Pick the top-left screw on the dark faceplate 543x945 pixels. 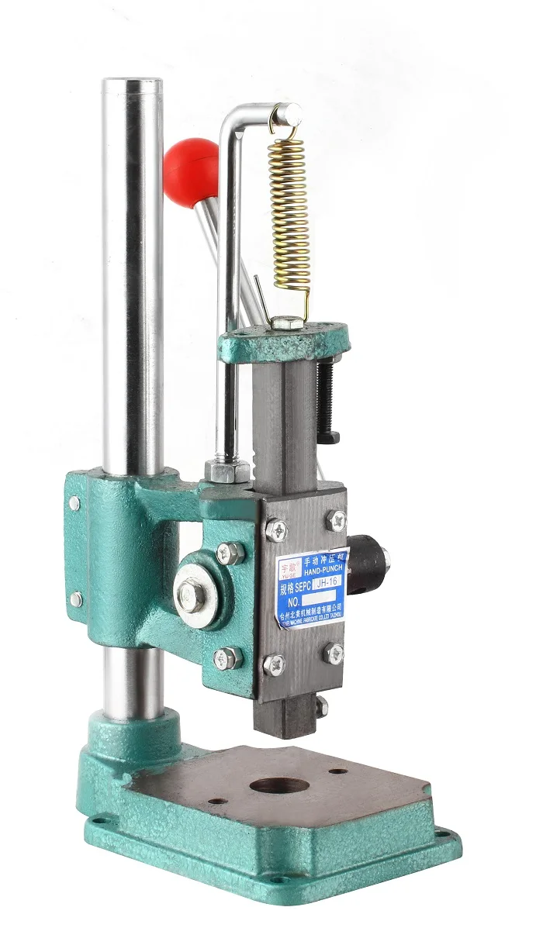275,530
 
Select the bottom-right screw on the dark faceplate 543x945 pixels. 335,653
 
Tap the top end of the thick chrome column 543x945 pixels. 133,84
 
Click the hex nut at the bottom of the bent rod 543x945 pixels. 227,471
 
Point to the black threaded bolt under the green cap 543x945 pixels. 327,400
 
